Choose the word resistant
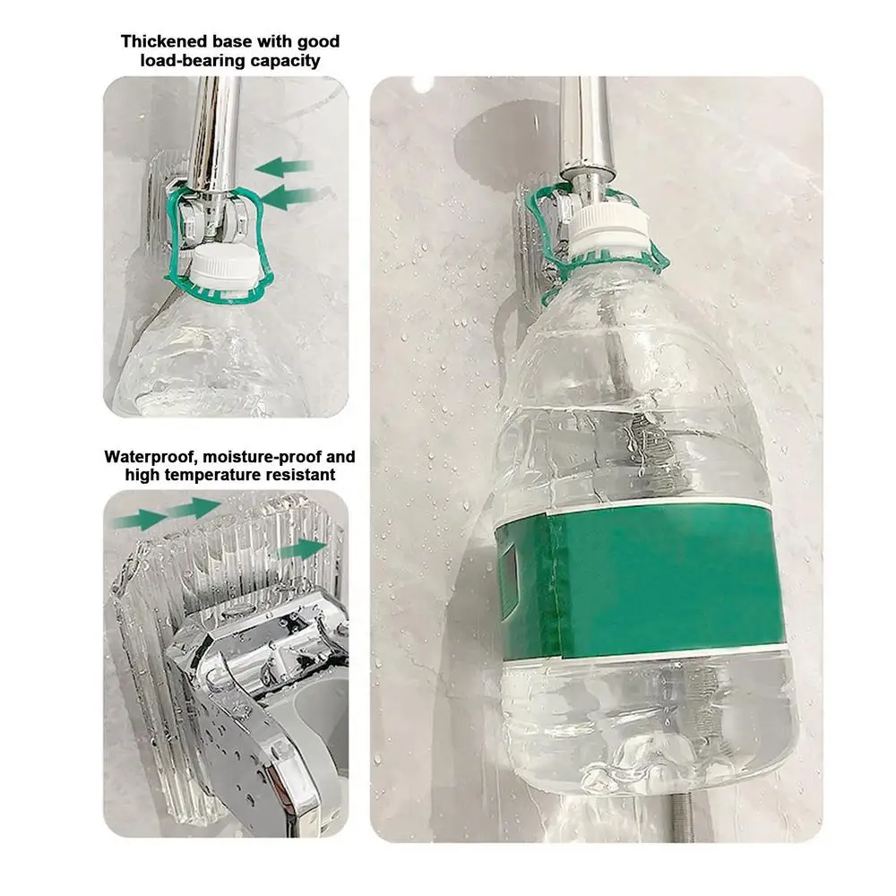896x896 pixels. click(x=296, y=476)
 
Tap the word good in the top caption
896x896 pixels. click(x=319, y=41)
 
